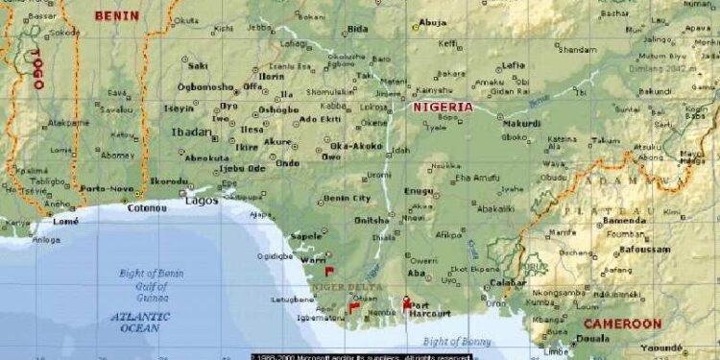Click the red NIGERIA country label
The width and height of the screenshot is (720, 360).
pos(443,107)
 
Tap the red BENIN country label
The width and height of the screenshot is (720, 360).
pos(116,15)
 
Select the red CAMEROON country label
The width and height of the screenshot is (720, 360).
pos(622,324)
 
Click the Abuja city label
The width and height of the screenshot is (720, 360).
pos(433,22)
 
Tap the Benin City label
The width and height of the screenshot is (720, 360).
pos(348,198)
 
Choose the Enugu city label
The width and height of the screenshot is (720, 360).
pos(420,192)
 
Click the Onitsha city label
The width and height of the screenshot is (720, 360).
pos(373,220)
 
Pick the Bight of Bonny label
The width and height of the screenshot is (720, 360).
pos(457,342)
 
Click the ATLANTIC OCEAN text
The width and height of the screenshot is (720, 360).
pos(140,322)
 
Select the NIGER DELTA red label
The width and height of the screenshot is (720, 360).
pos(347,287)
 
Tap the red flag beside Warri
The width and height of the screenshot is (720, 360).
pos(329,271)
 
